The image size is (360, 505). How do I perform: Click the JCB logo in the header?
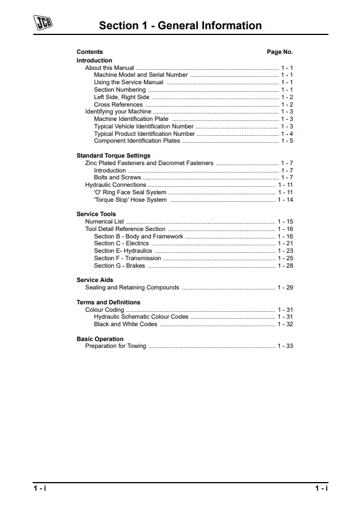point(43,23)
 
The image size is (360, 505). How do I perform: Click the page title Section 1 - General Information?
point(180,26)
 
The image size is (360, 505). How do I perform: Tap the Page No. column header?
point(280,52)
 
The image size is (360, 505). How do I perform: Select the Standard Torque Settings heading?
point(114,156)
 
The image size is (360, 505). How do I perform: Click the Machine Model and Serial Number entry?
point(141,75)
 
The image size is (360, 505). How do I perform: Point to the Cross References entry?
point(118,105)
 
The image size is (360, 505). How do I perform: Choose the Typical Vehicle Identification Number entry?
point(144,127)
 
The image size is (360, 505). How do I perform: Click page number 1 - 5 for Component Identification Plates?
point(287,141)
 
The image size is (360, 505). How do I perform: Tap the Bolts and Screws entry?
point(118,178)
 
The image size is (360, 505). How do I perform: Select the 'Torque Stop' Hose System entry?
point(130,200)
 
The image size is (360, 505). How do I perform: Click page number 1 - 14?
point(285,200)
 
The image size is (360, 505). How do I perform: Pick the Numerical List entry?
point(104,222)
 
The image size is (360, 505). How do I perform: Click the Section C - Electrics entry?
point(122,244)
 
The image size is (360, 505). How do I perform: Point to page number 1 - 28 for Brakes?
point(285,266)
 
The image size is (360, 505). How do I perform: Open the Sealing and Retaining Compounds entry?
point(132,288)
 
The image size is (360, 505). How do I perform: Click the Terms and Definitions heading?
point(108,303)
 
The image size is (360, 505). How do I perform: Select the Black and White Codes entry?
point(126,324)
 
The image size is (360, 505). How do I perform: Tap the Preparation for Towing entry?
point(116,346)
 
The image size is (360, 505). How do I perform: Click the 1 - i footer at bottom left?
point(40,488)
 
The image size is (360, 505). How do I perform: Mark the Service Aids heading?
point(95,280)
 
